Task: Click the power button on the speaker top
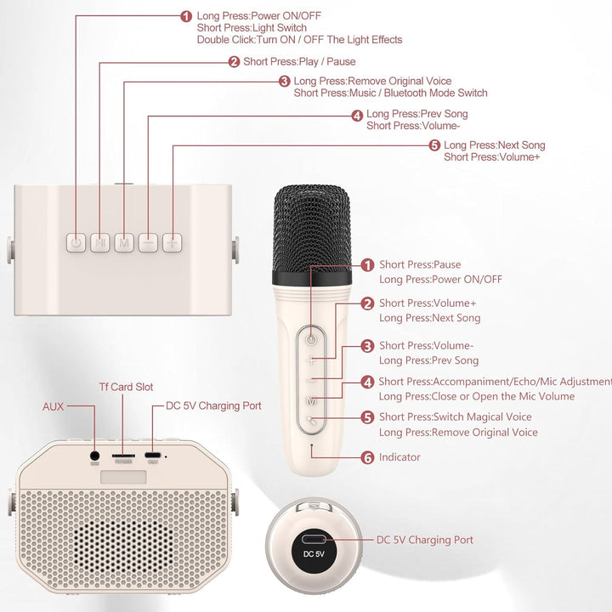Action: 76,243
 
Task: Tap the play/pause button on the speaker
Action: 100,243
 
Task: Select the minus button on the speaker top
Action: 148,243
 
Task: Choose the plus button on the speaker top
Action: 172,243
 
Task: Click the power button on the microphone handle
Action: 311,339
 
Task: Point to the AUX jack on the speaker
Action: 94,456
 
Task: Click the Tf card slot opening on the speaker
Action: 123,456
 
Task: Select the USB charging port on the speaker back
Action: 153,455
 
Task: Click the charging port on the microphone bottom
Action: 313,540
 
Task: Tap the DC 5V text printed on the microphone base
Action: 314,554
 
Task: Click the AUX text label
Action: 53,406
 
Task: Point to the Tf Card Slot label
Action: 126,388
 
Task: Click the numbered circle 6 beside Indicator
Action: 368,457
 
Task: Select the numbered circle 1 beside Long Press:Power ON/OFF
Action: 186,16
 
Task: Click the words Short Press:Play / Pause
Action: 299,62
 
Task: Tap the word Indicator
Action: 399,457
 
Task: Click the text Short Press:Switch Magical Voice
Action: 456,416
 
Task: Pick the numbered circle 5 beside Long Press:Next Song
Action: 434,145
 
